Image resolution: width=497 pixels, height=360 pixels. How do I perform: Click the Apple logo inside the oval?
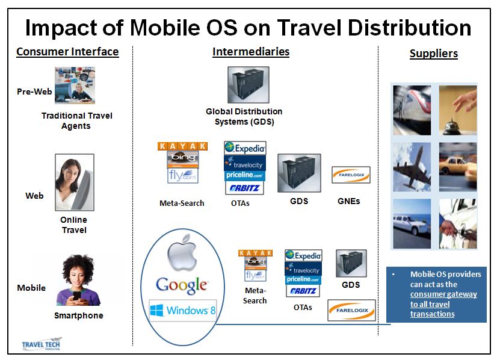182,253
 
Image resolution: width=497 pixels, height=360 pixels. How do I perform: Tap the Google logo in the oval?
182,285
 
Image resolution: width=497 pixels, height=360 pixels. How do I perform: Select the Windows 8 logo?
183,310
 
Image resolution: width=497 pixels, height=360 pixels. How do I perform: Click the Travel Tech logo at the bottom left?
42,344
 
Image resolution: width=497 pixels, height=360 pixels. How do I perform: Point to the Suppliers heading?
434,54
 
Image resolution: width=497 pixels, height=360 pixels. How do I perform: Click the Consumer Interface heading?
67,51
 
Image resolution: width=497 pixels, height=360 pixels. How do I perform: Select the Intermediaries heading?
251,51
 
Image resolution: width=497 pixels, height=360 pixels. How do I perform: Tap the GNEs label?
348,201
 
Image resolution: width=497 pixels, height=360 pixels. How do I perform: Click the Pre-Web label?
34,92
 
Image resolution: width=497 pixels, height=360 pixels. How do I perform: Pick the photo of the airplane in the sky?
412,167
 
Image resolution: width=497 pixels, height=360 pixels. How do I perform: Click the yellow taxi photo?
458,167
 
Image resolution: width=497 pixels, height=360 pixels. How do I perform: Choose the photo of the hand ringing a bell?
458,110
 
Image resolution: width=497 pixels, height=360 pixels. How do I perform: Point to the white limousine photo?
412,223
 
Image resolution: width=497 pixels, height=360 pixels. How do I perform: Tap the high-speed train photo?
412,110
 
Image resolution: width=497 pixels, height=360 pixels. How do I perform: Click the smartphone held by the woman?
77,296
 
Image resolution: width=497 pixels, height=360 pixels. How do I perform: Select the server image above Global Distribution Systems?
248,85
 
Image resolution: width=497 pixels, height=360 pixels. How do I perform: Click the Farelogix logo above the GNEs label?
351,175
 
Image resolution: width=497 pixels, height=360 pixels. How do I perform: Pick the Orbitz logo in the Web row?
244,188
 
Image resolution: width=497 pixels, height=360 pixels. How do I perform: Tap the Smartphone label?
79,315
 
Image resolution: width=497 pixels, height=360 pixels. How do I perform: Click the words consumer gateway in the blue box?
443,294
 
